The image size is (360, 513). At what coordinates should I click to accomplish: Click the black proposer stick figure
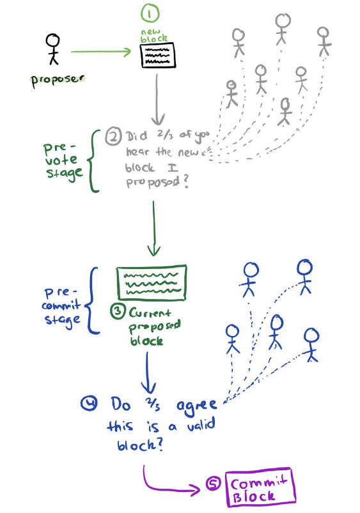52,49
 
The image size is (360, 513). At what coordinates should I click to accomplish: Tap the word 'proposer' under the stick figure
58,80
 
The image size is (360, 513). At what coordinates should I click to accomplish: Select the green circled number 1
150,13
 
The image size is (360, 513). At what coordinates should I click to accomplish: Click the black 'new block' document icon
158,56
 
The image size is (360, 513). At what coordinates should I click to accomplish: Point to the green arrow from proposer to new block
101,51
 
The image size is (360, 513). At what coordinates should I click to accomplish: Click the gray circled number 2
113,137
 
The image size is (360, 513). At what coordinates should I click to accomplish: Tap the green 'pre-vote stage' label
63,160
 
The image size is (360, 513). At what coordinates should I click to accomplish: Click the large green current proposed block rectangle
152,282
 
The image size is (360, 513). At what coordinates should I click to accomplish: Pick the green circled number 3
117,311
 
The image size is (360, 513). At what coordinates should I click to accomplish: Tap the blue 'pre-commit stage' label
61,307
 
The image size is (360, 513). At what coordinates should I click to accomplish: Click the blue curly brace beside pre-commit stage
92,301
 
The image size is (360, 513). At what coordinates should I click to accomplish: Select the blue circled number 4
89,403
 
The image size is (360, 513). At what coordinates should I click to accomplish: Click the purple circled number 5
213,484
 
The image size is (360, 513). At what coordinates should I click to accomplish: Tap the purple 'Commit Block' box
260,487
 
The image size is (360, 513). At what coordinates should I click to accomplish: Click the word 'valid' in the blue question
201,425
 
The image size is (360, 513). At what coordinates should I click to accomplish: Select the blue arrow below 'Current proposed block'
148,373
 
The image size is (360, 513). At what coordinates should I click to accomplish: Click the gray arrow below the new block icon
157,100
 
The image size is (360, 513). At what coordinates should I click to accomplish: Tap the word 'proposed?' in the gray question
157,182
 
